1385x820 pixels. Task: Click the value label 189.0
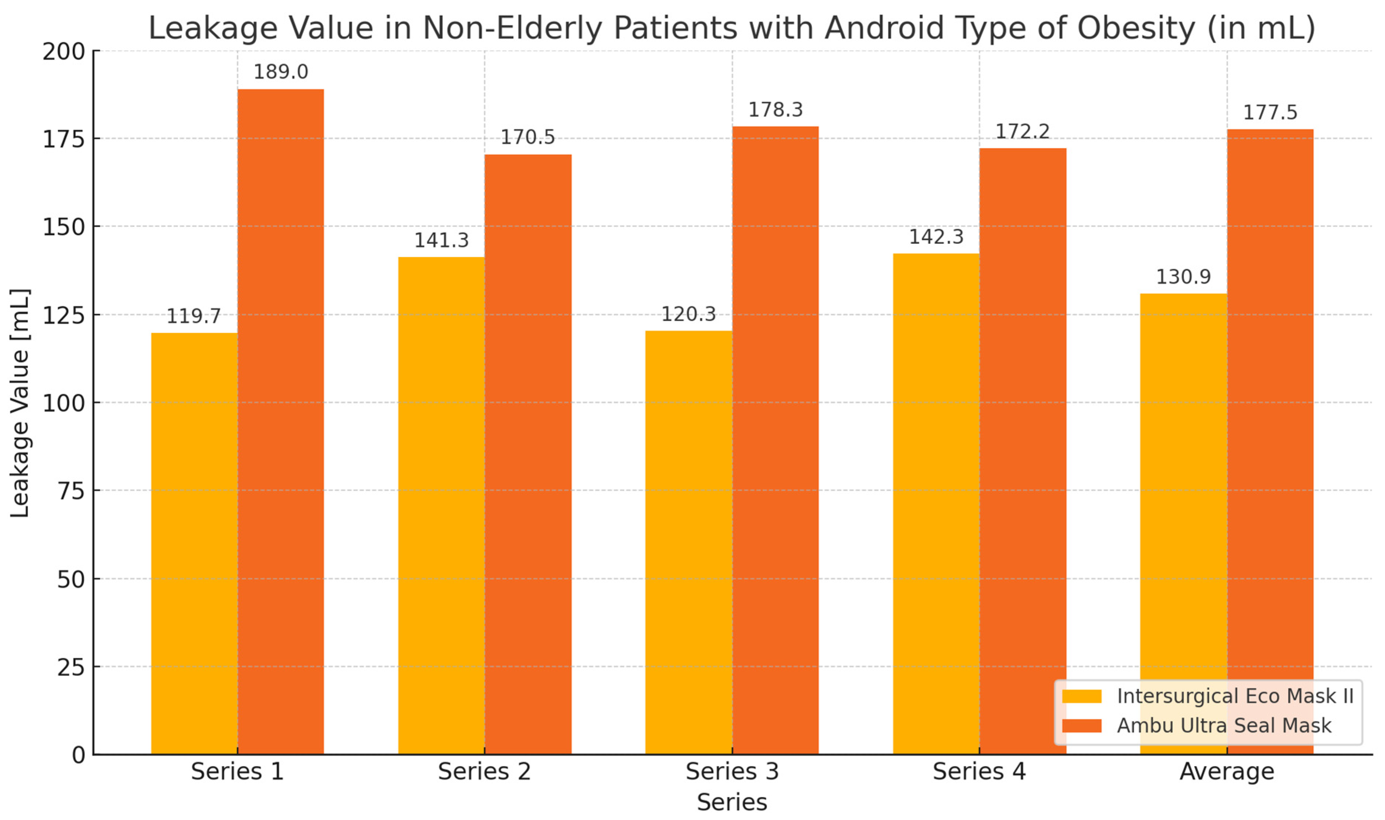click(280, 72)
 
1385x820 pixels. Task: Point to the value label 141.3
click(441, 240)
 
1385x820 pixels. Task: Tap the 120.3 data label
click(688, 314)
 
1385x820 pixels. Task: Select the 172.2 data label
click(1022, 132)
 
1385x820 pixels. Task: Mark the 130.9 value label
click(1184, 277)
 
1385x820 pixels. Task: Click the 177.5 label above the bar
click(1270, 113)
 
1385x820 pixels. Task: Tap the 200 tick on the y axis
click(64, 51)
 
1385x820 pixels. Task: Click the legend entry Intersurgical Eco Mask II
click(1235, 696)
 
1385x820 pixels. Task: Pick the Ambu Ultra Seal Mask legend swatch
click(1081, 725)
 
